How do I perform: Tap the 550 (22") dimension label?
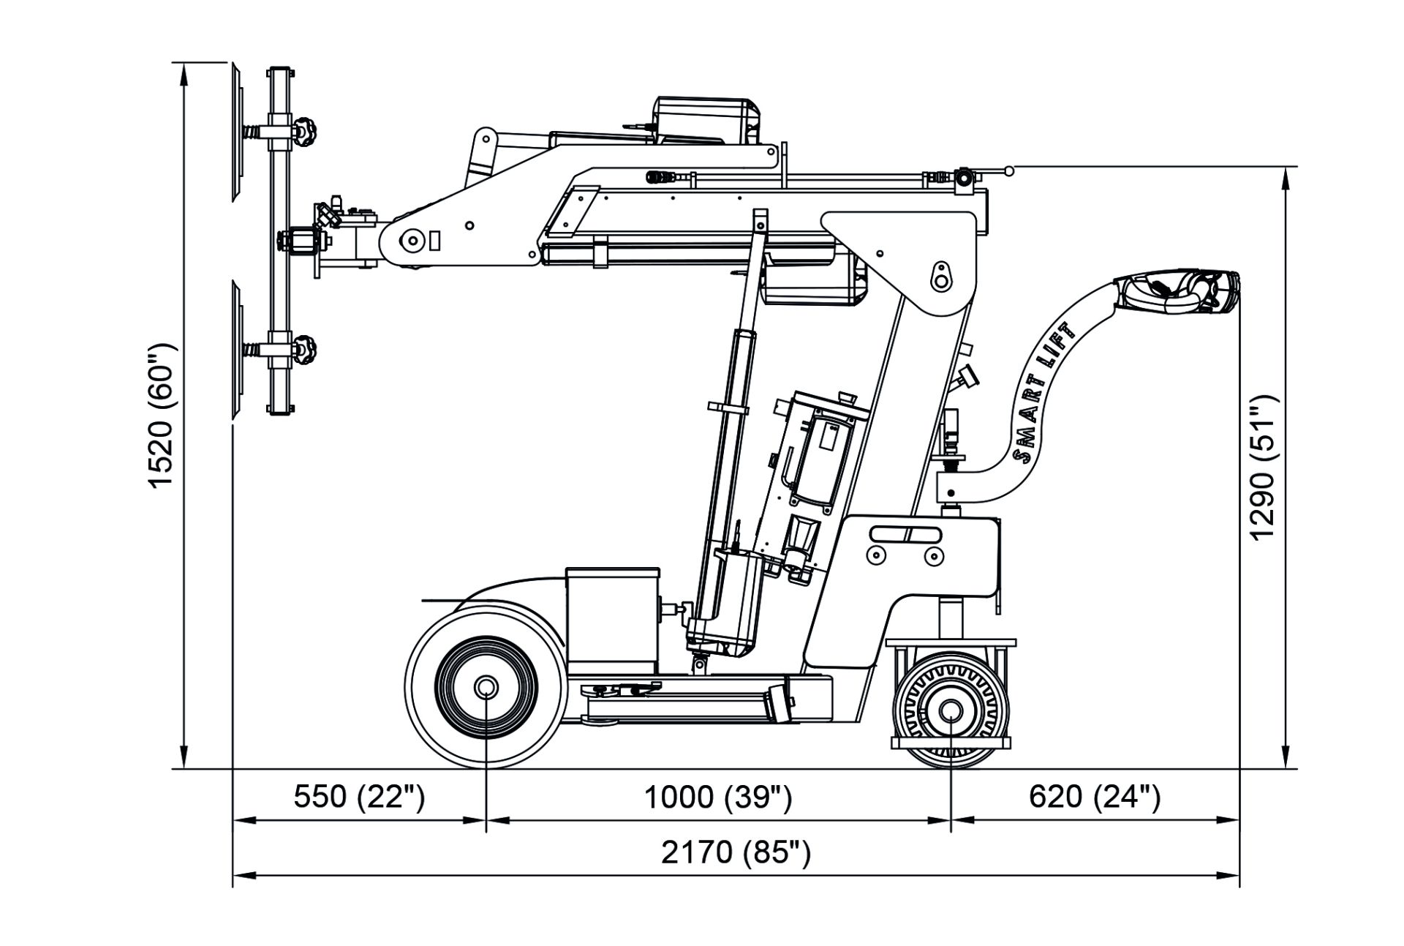tap(359, 796)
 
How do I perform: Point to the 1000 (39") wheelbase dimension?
tap(717, 796)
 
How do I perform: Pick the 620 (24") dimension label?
tap(1095, 796)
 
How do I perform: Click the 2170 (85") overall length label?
tap(736, 852)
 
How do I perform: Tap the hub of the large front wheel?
tap(486, 687)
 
